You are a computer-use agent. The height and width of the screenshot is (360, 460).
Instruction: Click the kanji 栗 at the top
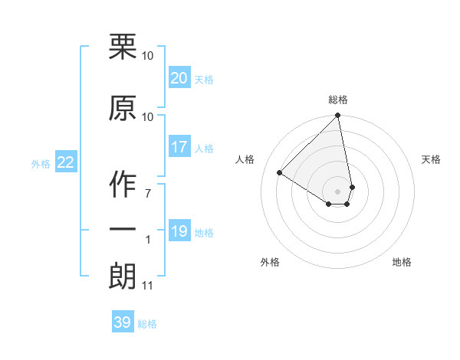123,47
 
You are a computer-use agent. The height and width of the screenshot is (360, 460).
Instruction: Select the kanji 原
123,108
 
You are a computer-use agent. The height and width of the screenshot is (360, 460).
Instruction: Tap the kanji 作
123,184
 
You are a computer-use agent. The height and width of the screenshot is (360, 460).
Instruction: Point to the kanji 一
123,229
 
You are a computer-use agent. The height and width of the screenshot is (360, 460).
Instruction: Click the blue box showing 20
179,78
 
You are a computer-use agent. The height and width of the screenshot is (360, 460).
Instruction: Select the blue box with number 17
179,147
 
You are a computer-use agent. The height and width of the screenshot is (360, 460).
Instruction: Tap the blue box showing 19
179,231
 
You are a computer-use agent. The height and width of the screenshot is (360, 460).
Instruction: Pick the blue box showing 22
65,162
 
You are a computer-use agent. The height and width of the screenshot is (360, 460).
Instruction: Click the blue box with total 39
123,322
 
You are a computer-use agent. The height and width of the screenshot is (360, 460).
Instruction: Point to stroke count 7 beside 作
148,192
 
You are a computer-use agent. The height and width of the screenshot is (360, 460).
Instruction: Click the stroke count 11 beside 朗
147,286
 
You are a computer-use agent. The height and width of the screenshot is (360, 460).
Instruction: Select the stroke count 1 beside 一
148,240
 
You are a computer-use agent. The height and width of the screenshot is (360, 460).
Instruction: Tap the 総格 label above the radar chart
338,100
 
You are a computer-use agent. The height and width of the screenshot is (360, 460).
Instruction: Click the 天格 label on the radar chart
431,159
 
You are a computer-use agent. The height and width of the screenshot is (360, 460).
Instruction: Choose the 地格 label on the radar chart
402,262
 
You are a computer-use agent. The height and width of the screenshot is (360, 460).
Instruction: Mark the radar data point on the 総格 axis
337,116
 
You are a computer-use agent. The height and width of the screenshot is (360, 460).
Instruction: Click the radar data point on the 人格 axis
280,173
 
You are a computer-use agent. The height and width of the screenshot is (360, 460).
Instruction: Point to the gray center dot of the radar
337,191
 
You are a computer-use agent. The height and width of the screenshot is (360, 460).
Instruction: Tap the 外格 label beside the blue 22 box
40,163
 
